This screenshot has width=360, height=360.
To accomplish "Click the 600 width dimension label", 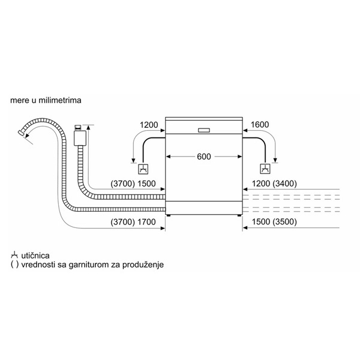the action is [204, 157].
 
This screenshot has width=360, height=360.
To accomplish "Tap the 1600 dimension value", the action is [260, 125].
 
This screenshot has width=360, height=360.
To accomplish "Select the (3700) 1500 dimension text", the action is [133, 184].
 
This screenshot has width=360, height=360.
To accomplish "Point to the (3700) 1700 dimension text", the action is [133, 222].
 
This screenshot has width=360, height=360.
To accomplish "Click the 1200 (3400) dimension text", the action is [274, 184].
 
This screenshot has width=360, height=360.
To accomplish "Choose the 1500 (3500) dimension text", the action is [274, 222].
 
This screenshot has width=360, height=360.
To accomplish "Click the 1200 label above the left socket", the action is [149, 125].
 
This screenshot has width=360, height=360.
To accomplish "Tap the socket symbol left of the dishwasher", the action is [143, 169].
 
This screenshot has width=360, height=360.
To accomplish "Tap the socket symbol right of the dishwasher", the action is [265, 169].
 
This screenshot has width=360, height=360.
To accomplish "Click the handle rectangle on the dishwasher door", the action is [204, 130].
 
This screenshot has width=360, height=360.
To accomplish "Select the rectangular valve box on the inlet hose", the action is [80, 138].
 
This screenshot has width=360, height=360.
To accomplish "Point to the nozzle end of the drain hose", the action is [21, 133].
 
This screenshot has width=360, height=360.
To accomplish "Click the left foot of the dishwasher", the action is [169, 215].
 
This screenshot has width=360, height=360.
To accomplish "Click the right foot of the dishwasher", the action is [239, 215].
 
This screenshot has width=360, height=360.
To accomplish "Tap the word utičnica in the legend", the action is [35, 256].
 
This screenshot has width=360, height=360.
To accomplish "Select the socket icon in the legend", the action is [14, 255].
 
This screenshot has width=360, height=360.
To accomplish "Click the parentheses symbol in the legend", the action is [14, 265].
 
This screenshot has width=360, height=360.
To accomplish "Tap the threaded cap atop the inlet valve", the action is [78, 127].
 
